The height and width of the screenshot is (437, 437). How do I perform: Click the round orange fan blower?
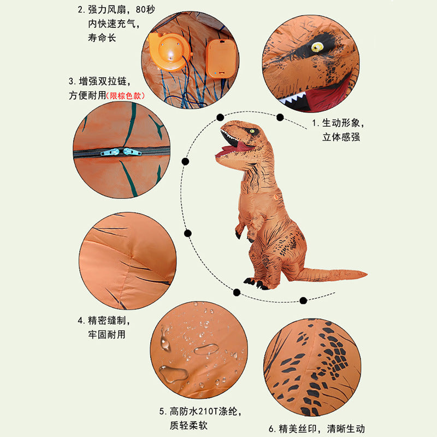[x=169, y=52]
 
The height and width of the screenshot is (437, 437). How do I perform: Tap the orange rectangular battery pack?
[x=222, y=59]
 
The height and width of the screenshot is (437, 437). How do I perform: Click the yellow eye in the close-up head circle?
[x=317, y=47]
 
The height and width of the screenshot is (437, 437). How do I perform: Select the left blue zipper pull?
[x=110, y=152]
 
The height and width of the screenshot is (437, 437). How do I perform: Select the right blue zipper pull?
[x=132, y=152]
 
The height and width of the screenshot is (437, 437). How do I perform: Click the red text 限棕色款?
[x=126, y=96]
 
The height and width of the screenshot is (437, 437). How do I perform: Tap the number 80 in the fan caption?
[x=140, y=10]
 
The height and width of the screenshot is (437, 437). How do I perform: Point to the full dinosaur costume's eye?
[x=252, y=131]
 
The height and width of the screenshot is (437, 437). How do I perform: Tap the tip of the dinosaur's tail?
[x=367, y=275]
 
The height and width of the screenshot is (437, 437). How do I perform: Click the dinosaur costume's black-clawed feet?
[x=256, y=284]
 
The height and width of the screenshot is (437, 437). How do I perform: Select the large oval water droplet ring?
[x=206, y=350]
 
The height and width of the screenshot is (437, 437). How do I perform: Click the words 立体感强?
[x=341, y=137]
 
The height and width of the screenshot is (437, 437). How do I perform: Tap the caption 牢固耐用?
[x=107, y=334]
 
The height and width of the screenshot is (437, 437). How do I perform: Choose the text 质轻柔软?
[x=188, y=426]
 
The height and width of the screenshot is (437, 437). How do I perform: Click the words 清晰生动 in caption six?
[x=346, y=429]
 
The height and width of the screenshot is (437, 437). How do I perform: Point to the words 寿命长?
[x=102, y=38]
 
